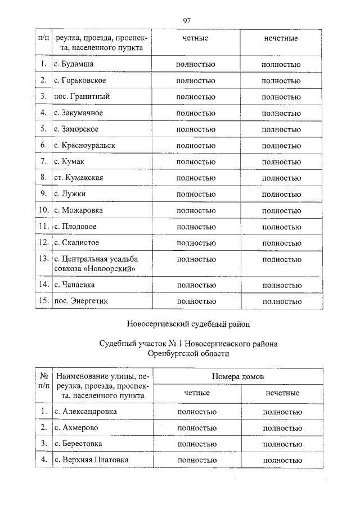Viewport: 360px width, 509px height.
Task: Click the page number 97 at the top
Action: pyautogui.click(x=187, y=21)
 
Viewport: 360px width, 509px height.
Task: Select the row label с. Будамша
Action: pyautogui.click(x=74, y=64)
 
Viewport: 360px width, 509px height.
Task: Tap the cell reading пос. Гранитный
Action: pyautogui.click(x=82, y=97)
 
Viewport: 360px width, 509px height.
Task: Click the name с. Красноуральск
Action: pyautogui.click(x=84, y=145)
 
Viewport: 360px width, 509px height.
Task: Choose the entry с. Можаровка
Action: pyautogui.click(x=78, y=210)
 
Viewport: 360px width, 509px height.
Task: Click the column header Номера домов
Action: pyautogui.click(x=238, y=376)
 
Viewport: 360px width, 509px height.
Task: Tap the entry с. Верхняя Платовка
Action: pyautogui.click(x=91, y=460)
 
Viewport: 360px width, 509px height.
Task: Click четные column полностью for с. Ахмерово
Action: pyautogui.click(x=196, y=428)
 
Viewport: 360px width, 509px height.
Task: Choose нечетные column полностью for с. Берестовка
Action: pyautogui.click(x=282, y=444)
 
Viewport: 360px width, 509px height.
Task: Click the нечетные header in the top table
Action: pyautogui.click(x=281, y=38)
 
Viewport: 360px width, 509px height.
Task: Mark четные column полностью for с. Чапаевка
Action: pyautogui.click(x=196, y=285)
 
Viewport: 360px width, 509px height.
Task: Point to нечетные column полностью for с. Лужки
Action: pyautogui.click(x=281, y=195)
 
